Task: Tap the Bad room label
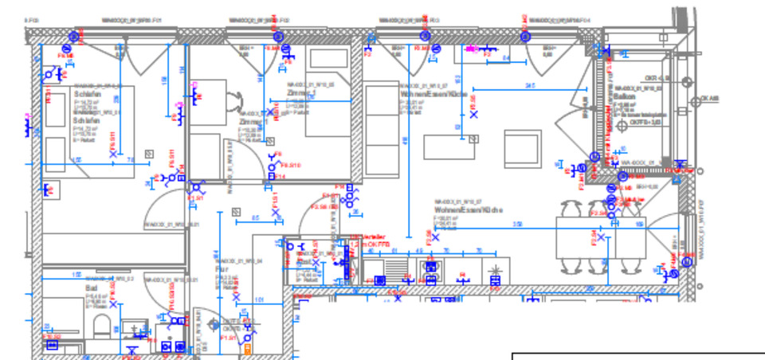[x=91, y=288]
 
